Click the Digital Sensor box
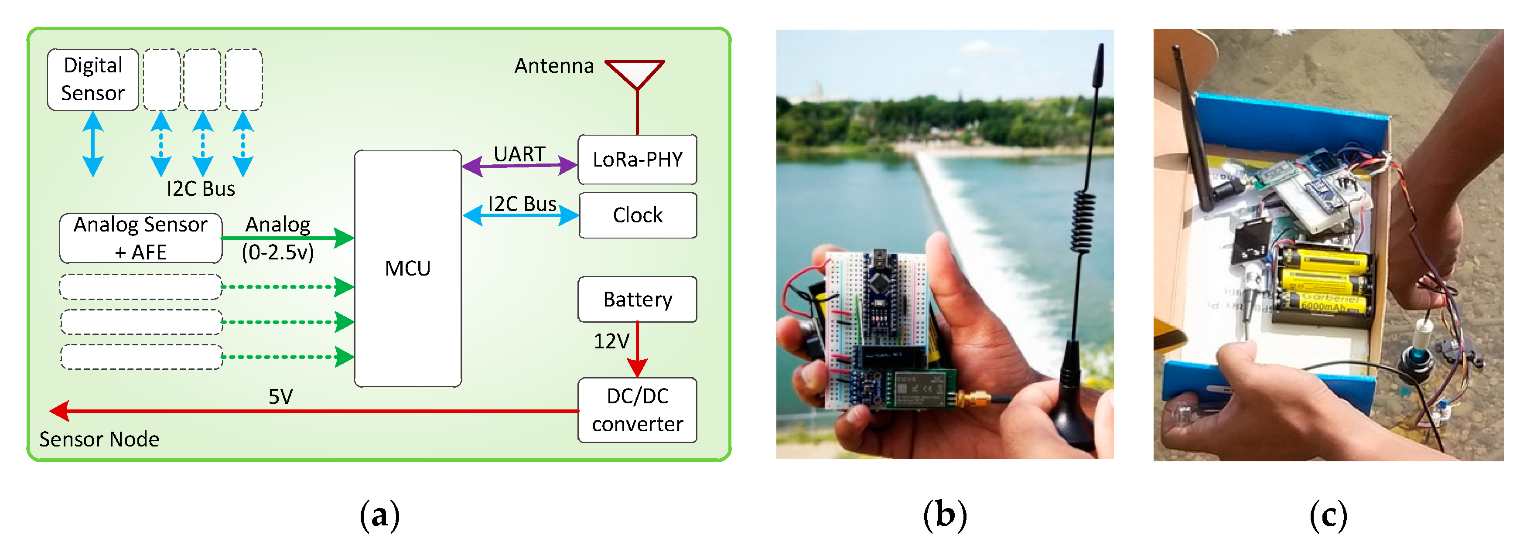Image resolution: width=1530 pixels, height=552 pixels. pos(92,79)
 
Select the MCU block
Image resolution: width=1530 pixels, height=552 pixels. pos(407,268)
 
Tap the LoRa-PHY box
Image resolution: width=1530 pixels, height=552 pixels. pos(637,159)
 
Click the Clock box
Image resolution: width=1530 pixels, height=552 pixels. pos(637,215)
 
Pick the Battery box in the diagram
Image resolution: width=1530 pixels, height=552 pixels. pos(637,299)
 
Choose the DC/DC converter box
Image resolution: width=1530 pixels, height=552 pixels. pos(637,409)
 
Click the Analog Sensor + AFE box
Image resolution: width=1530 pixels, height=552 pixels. pos(141,239)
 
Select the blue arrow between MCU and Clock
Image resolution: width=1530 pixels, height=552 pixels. pos(520,215)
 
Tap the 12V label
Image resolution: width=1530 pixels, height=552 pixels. pos(611,341)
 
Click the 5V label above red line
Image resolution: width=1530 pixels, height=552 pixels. pos(280,396)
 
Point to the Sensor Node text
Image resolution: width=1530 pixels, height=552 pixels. pos(99,439)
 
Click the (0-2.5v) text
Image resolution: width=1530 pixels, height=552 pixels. pos(277,253)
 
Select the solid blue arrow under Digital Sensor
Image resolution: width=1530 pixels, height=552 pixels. pos(92,144)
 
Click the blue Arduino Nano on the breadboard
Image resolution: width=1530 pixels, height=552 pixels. pos(879,303)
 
